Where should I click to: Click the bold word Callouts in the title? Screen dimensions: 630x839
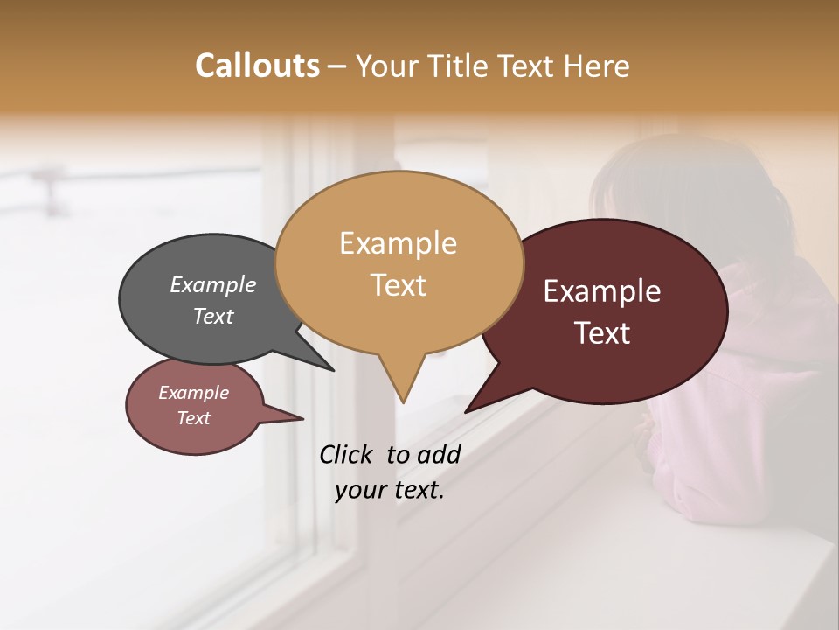(x=257, y=66)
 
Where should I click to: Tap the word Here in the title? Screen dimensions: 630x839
(x=596, y=66)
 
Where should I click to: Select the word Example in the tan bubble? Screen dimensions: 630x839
(x=398, y=243)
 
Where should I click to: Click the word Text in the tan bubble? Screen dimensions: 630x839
(x=398, y=284)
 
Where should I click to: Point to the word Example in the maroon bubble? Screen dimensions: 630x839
(x=602, y=291)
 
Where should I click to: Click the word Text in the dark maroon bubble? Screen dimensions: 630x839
(x=602, y=332)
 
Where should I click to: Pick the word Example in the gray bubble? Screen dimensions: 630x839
(x=213, y=284)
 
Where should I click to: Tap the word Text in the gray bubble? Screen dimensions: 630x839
(x=213, y=316)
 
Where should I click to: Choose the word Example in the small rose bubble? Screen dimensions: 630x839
(x=193, y=393)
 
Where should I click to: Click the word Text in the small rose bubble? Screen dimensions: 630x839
(x=193, y=418)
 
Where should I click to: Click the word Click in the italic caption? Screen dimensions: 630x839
(x=347, y=454)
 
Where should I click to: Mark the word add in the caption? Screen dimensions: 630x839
(x=439, y=454)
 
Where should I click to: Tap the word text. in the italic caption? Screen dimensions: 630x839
(x=415, y=490)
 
